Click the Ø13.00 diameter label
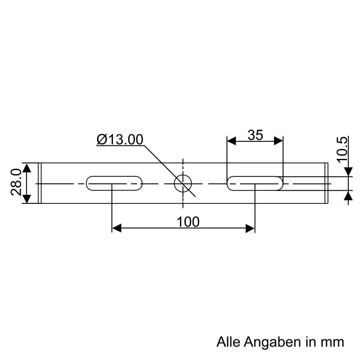click(120, 139)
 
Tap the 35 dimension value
click(255, 135)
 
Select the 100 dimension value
click(188, 222)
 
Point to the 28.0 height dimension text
click(16, 182)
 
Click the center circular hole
click(183, 183)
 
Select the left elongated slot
click(114, 183)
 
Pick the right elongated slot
click(255, 183)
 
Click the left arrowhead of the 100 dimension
click(117, 228)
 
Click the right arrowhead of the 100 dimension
click(250, 228)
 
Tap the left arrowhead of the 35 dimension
click(232, 141)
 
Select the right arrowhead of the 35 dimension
click(279, 141)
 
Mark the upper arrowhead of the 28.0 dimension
click(27, 168)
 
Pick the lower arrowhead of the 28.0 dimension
click(27, 198)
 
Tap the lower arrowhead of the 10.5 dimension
click(348, 196)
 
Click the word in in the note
click(310, 342)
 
